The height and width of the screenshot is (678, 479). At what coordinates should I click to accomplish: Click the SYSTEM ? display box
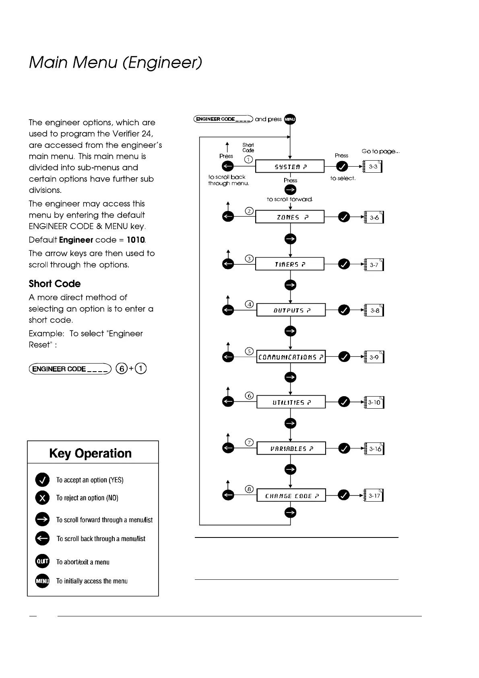pyautogui.click(x=290, y=166)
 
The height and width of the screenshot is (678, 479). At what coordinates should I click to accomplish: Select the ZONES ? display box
pyautogui.click(x=290, y=217)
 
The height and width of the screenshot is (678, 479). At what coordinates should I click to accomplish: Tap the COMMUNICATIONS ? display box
pyautogui.click(x=291, y=357)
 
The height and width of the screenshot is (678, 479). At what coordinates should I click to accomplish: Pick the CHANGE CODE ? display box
pyautogui.click(x=291, y=496)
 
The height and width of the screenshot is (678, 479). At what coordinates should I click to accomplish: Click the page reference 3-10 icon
pyautogui.click(x=374, y=402)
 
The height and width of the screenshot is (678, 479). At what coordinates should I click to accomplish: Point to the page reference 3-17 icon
pyautogui.click(x=374, y=496)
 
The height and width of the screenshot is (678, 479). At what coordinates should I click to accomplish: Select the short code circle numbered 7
pyautogui.click(x=250, y=442)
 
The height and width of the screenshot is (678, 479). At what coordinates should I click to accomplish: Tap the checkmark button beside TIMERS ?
pyautogui.click(x=344, y=264)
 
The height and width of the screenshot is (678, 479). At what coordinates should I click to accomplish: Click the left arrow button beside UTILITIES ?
pyautogui.click(x=228, y=402)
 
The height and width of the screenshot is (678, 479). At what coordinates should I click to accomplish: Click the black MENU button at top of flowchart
pyautogui.click(x=290, y=119)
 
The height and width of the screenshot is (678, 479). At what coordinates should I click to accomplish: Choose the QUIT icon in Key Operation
pyautogui.click(x=42, y=561)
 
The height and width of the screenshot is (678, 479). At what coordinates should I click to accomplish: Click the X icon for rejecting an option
pyautogui.click(x=42, y=498)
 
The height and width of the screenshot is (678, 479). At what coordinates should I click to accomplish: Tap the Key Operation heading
pyautogui.click(x=90, y=453)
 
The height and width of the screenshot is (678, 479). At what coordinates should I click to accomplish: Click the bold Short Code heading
pyautogui.click(x=55, y=284)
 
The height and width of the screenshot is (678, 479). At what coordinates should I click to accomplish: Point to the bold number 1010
pyautogui.click(x=136, y=240)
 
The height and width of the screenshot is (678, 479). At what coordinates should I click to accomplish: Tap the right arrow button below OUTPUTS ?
pyautogui.click(x=290, y=331)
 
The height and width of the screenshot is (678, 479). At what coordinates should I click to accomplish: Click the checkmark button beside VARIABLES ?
pyautogui.click(x=344, y=448)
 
